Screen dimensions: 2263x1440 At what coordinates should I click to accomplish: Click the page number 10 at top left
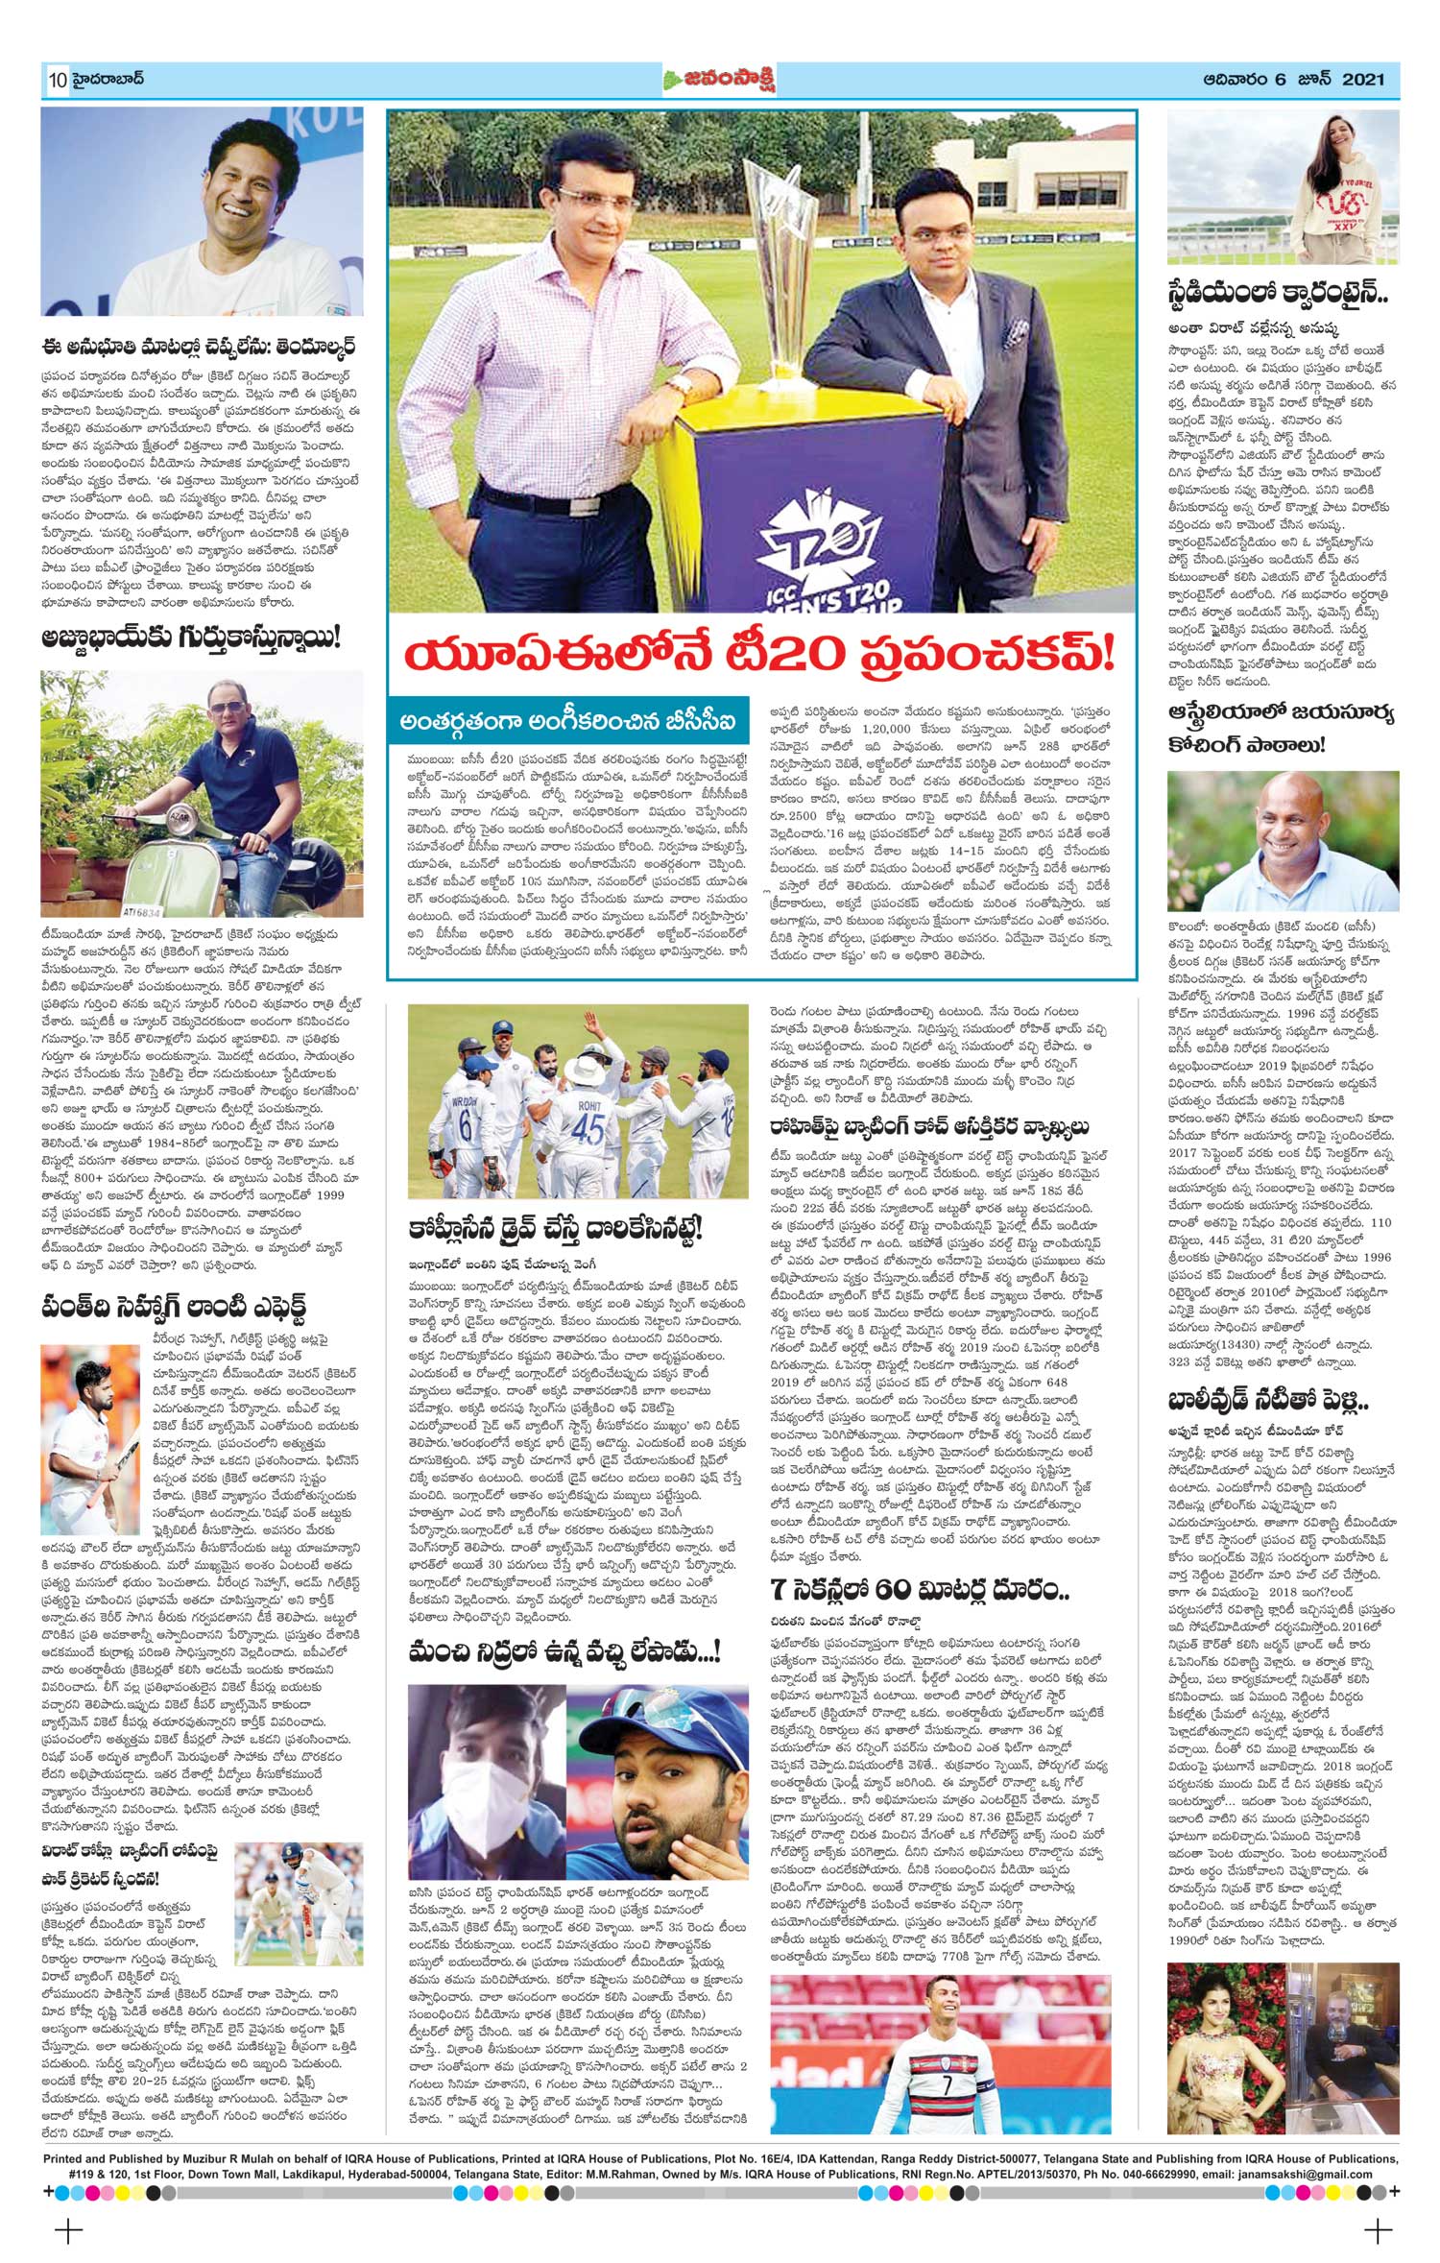click(x=57, y=80)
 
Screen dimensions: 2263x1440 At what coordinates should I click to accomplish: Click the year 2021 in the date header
click(x=1363, y=80)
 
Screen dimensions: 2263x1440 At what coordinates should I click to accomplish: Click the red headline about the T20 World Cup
click(x=760, y=656)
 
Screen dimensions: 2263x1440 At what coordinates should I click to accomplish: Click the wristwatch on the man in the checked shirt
click(x=680, y=384)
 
